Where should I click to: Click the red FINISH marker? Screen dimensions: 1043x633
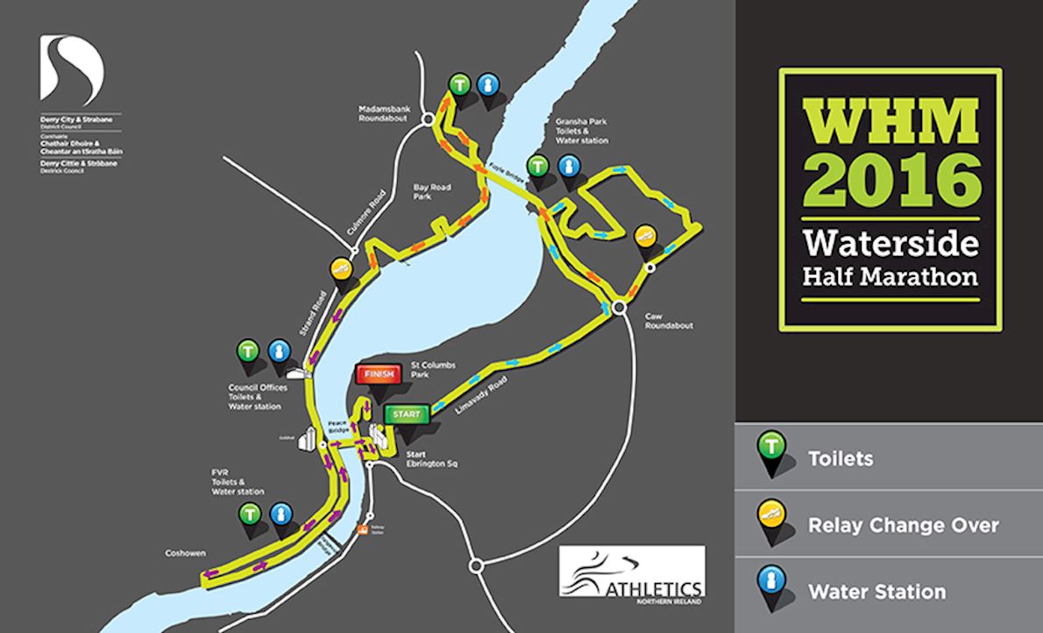point(379,373)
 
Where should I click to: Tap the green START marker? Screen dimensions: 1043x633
point(407,414)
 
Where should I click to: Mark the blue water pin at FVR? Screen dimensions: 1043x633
point(280,515)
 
